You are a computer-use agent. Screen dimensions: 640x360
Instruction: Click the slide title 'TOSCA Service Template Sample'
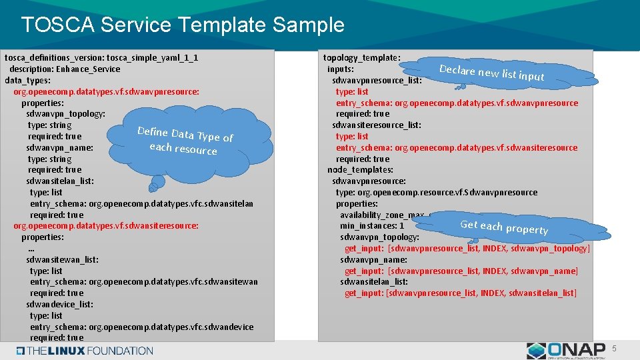183,25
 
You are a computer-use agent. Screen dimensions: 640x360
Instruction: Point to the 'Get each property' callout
504,227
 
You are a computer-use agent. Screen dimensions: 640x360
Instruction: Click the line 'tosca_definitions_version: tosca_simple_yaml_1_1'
101,58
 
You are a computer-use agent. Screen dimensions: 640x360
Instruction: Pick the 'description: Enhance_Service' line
65,69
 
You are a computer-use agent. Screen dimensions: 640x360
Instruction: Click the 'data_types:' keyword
27,80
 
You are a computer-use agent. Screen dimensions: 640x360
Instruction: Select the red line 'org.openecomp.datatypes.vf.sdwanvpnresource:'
106,91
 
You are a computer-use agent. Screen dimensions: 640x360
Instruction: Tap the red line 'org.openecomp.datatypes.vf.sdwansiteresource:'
106,226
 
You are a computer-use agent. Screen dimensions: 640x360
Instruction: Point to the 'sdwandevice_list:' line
60,304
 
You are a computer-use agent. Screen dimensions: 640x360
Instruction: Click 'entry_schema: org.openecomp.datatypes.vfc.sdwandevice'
141,327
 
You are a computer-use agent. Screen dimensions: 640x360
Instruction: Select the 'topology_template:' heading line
361,58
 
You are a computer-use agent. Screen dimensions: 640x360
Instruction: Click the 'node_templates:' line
361,170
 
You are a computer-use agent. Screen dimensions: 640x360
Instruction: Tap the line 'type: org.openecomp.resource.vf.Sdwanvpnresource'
436,193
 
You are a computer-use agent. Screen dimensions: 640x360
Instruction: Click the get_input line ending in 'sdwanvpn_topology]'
467,249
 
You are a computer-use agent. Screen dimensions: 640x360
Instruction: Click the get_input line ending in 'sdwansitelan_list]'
460,293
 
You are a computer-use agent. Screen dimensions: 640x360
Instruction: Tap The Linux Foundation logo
85,351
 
